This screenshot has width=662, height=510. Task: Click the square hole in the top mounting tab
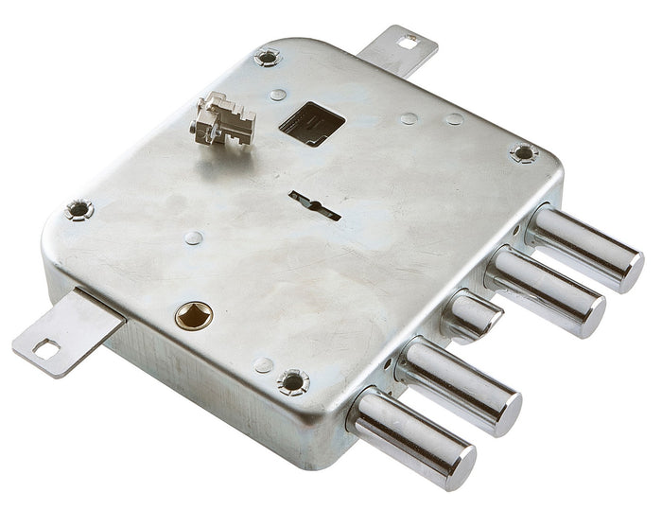pyautogui.click(x=408, y=42)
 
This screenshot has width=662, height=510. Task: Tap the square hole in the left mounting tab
pyautogui.click(x=44, y=349)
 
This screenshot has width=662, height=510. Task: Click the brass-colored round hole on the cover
pyautogui.click(x=194, y=315)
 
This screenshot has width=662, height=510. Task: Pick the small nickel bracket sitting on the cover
pyautogui.click(x=223, y=119)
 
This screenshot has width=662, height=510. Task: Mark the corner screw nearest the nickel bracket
pyautogui.click(x=268, y=58)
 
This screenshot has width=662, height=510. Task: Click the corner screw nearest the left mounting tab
pyautogui.click(x=79, y=209)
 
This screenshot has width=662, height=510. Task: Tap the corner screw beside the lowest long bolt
pyautogui.click(x=293, y=381)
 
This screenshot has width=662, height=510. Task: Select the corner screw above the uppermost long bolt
pyautogui.click(x=523, y=152)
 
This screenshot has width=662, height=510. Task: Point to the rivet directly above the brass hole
pyautogui.click(x=193, y=237)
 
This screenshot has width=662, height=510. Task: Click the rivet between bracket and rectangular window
pyautogui.click(x=277, y=95)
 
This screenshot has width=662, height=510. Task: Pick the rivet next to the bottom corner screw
pyautogui.click(x=264, y=364)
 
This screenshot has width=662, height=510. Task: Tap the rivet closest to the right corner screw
pyautogui.click(x=455, y=119)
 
